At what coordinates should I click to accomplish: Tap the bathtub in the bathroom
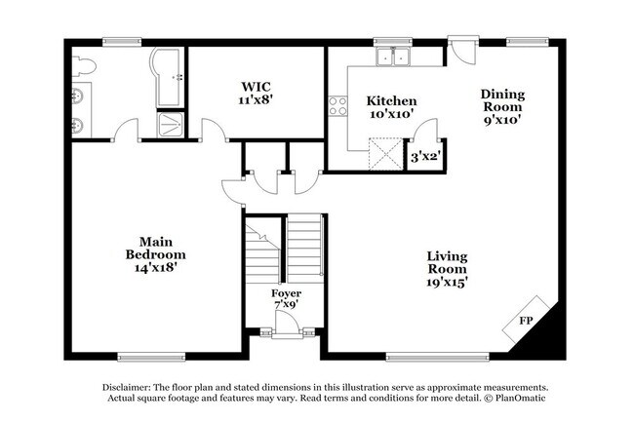click(x=167, y=78)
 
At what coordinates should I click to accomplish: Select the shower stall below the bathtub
click(x=171, y=125)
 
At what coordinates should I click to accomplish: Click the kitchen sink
click(x=393, y=57)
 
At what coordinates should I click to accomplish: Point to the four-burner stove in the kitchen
click(x=337, y=106)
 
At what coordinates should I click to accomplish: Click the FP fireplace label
click(x=526, y=321)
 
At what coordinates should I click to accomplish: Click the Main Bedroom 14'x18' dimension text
click(x=156, y=267)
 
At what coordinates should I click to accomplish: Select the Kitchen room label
click(x=391, y=100)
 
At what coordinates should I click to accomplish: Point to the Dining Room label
click(x=502, y=100)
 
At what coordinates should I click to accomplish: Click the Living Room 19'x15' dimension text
click(x=447, y=282)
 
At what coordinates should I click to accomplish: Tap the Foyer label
click(x=286, y=293)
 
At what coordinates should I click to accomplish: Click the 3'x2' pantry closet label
click(x=425, y=156)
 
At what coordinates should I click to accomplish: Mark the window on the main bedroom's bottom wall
click(x=151, y=357)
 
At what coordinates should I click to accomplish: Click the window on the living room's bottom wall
click(x=438, y=357)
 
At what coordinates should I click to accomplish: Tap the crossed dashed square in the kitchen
click(x=385, y=154)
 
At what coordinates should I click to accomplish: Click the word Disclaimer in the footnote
click(x=127, y=387)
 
